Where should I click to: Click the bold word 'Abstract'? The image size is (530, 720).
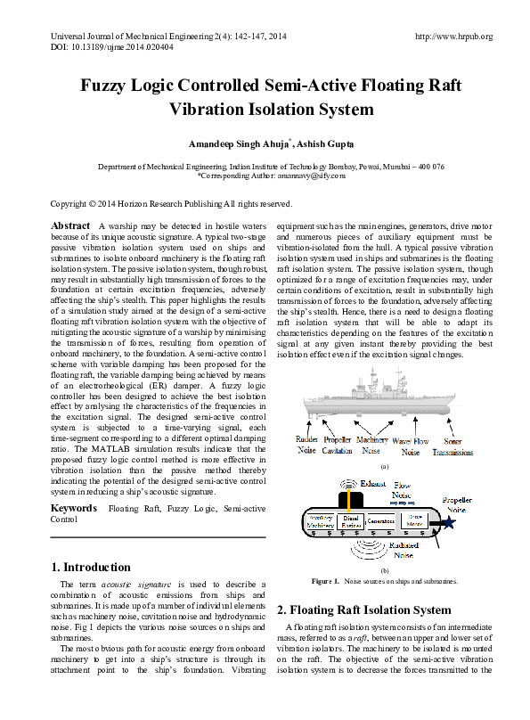click(x=71, y=226)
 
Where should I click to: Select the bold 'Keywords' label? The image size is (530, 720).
click(x=75, y=508)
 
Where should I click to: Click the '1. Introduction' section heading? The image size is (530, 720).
click(x=91, y=568)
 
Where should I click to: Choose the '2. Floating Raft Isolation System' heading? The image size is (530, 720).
click(x=364, y=610)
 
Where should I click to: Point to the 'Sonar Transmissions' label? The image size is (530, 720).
click(x=453, y=446)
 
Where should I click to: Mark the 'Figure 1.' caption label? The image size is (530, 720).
click(x=325, y=581)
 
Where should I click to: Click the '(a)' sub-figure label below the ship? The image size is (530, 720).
click(x=384, y=466)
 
